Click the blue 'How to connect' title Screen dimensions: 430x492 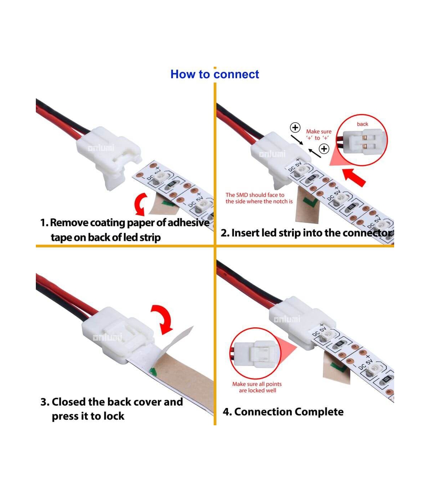coord(215,74)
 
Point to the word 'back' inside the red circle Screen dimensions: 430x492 coord(362,124)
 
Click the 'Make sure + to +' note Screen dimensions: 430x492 coord(319,135)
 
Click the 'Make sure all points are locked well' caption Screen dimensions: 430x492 coord(257,387)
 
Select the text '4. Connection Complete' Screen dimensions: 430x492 coord(283,412)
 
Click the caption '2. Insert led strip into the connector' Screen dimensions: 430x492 coord(307,233)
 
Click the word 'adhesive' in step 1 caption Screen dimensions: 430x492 coord(188,223)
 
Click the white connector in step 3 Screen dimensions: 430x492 coord(118,335)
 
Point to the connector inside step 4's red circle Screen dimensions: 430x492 coord(257,354)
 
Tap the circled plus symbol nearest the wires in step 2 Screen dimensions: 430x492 coord(295,127)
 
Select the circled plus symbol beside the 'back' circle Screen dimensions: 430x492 coord(324,148)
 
